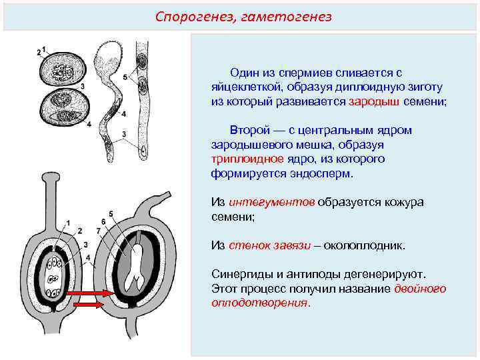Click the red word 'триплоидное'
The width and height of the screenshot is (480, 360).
click(243, 159)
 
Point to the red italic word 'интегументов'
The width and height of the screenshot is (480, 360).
click(271, 202)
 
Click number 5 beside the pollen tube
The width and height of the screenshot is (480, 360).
click(126, 77)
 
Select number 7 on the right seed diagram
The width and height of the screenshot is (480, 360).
click(98, 231)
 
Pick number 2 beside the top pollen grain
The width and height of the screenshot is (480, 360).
click(38, 53)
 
